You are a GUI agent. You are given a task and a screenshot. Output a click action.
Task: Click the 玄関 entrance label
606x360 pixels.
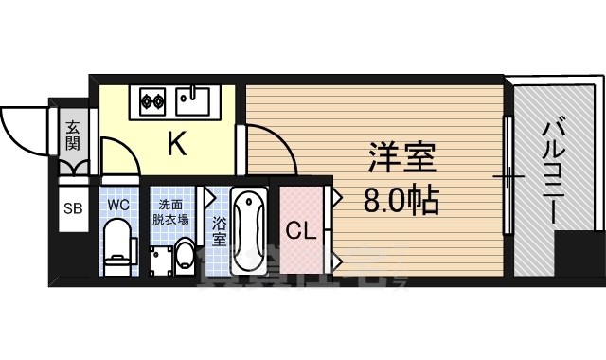[x=72, y=135]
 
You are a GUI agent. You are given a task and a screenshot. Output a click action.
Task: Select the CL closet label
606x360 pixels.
[x=301, y=229]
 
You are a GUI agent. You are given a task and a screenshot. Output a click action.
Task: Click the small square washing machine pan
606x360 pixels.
[x=158, y=258]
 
